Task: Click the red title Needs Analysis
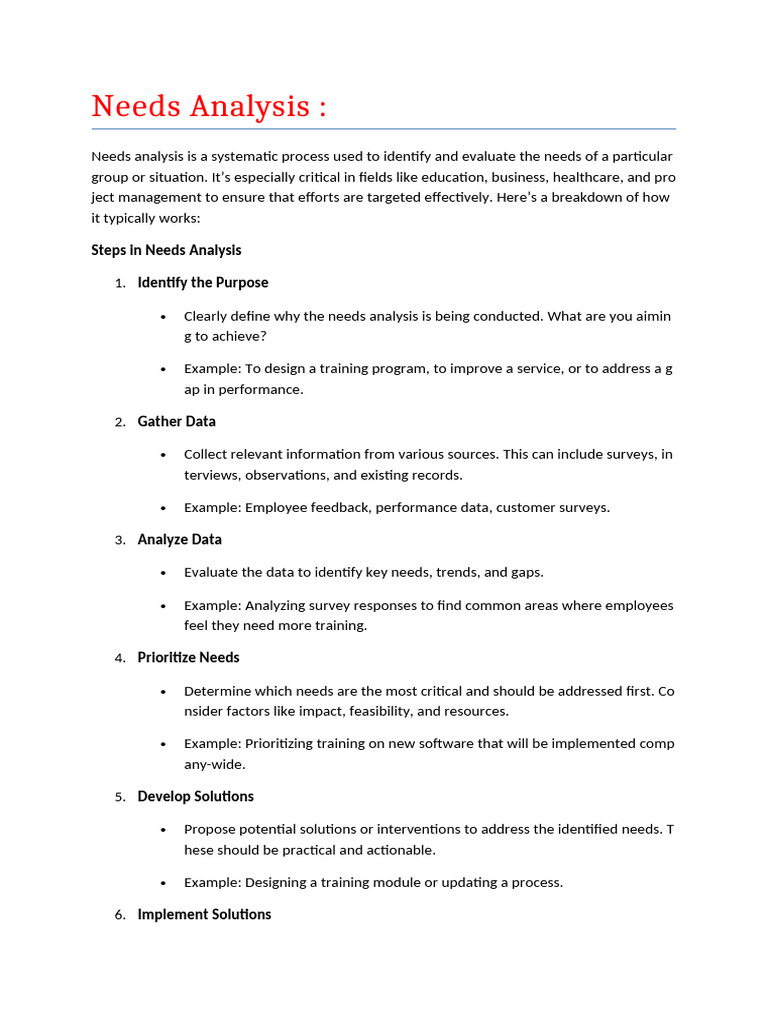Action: (209, 106)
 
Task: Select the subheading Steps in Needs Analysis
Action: (166, 250)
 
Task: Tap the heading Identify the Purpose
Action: (203, 283)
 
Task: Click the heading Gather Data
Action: (177, 421)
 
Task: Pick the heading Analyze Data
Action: (180, 539)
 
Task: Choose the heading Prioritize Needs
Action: (189, 657)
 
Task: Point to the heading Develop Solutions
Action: (196, 796)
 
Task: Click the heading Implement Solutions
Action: (204, 914)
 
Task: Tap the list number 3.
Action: (119, 540)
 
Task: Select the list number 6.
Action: (119, 915)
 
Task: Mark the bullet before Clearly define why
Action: (163, 317)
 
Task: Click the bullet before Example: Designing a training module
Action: (163, 883)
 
